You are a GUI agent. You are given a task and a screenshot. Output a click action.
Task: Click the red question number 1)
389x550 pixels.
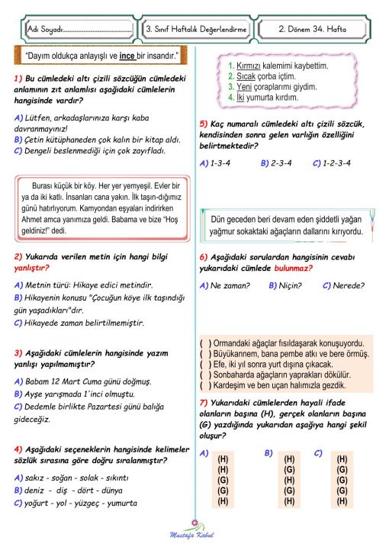click(x=18, y=79)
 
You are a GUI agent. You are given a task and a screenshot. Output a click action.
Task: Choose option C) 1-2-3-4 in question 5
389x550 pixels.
click(x=332, y=162)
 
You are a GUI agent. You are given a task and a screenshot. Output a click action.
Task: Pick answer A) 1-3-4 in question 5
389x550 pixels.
click(x=216, y=162)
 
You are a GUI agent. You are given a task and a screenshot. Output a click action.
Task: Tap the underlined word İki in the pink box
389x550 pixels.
click(x=240, y=98)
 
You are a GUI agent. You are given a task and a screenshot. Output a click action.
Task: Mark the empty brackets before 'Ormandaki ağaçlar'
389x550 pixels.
click(x=205, y=343)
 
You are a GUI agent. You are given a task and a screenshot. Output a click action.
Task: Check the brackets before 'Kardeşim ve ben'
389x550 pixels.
click(x=205, y=385)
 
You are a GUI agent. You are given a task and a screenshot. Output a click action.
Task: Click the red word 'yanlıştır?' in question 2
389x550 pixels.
click(x=32, y=268)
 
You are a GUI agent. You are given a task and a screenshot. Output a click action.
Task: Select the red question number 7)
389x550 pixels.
click(x=204, y=402)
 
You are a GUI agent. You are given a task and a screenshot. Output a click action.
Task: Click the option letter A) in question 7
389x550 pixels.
click(x=204, y=453)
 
